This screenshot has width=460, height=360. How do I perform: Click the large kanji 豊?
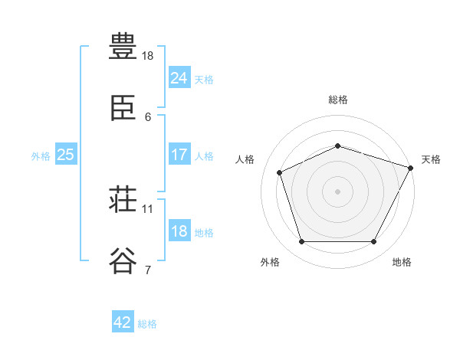pyautogui.click(x=123, y=46)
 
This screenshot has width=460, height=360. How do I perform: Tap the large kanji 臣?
pyautogui.click(x=123, y=108)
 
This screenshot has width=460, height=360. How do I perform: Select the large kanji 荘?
pyautogui.click(x=123, y=198)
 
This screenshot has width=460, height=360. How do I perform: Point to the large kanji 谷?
pyautogui.click(x=123, y=260)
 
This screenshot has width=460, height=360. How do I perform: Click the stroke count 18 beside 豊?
pyautogui.click(x=147, y=56)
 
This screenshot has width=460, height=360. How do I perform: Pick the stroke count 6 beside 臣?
pyautogui.click(x=148, y=117)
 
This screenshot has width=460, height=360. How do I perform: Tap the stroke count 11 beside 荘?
pyautogui.click(x=147, y=209)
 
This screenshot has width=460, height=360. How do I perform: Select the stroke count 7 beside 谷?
pyautogui.click(x=148, y=270)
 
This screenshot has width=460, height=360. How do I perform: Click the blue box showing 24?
pyautogui.click(x=179, y=77)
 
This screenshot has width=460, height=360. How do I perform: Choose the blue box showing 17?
pyautogui.click(x=179, y=154)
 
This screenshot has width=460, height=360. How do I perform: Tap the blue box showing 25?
pyautogui.click(x=66, y=154)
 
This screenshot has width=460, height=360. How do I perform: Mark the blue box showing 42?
pyautogui.click(x=123, y=321)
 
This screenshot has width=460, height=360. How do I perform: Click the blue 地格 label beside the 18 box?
pyautogui.click(x=204, y=233)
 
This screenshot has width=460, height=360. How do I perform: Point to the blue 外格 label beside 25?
pyautogui.click(x=41, y=156)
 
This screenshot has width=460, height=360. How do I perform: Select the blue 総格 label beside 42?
pyautogui.click(x=147, y=324)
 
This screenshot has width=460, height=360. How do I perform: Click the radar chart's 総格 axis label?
pyautogui.click(x=338, y=100)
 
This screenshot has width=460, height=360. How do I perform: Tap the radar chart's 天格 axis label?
pyautogui.click(x=431, y=159)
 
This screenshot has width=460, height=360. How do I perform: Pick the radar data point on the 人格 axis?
pyautogui.click(x=280, y=172)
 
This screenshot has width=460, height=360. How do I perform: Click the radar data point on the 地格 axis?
pyautogui.click(x=374, y=241)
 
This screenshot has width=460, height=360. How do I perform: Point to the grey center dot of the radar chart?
pyautogui.click(x=337, y=191)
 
